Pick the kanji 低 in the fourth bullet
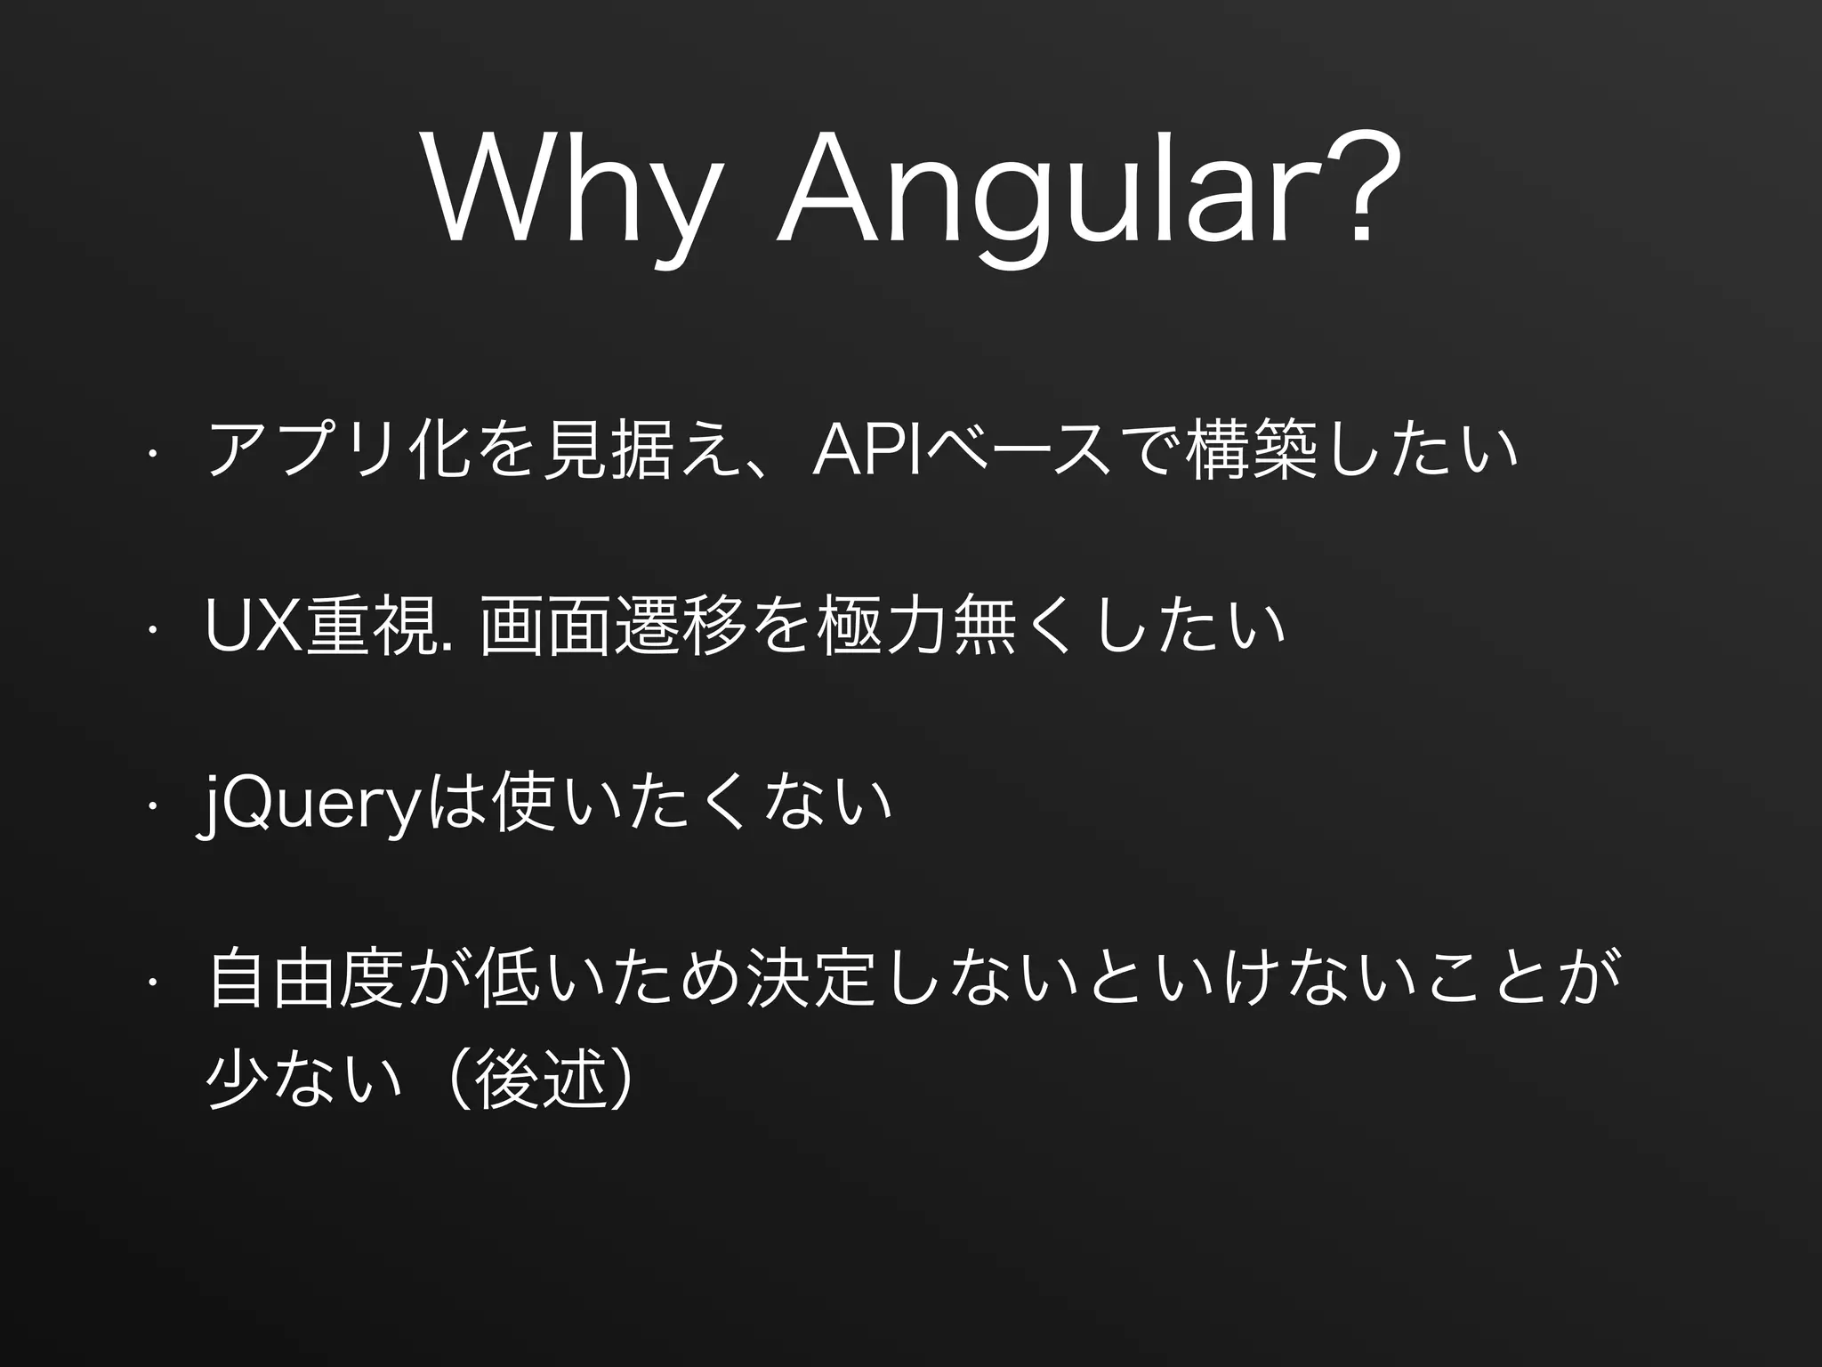(x=508, y=980)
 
